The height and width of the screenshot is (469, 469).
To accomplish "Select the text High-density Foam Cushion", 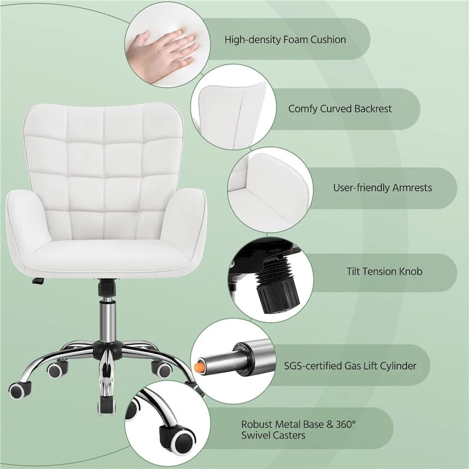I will pyautogui.click(x=285, y=40).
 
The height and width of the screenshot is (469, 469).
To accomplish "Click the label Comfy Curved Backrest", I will pyautogui.click(x=340, y=108).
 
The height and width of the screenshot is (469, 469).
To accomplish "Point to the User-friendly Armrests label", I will pyautogui.click(x=382, y=188).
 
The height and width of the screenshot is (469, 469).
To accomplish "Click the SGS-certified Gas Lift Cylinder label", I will pyautogui.click(x=358, y=366).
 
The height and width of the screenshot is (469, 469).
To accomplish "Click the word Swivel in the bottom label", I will pyautogui.click(x=255, y=436).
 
